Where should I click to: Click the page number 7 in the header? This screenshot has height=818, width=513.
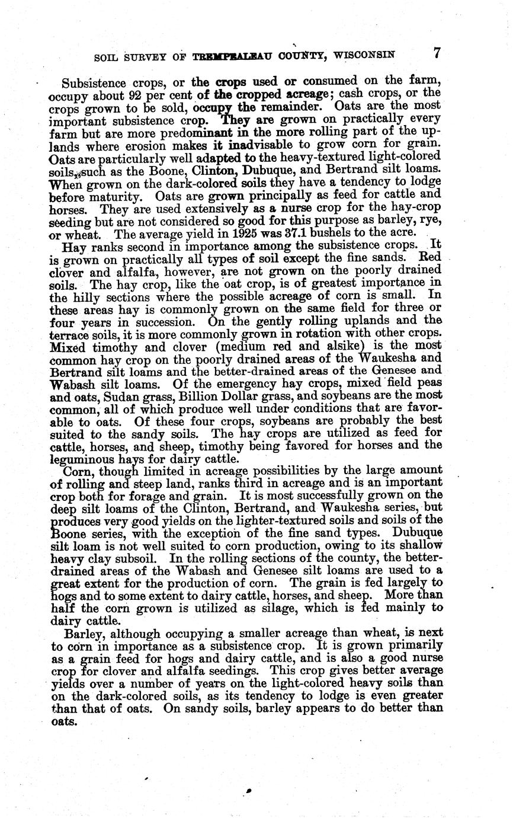point(436,53)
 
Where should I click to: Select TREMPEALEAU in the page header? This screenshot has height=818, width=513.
point(228,56)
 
